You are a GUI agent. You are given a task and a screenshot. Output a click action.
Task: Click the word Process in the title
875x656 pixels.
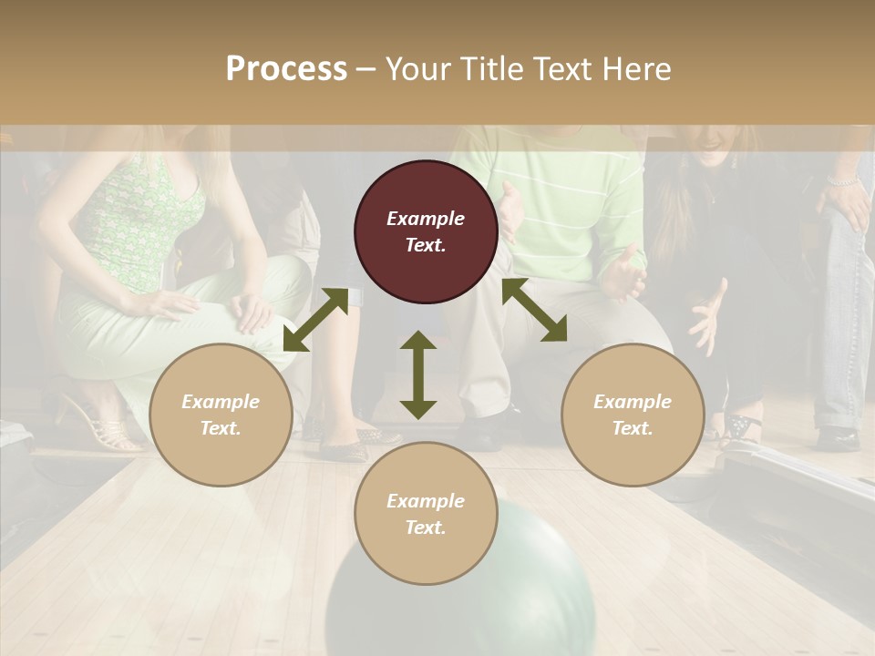pos(286,69)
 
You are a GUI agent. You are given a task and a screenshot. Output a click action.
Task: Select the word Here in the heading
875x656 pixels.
pos(634,69)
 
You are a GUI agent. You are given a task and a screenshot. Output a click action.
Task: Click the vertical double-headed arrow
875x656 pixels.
pos(418,374)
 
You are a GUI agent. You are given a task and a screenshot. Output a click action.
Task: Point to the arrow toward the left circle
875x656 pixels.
pos(315,320)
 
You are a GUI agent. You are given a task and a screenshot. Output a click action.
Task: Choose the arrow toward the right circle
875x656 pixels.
pos(534,310)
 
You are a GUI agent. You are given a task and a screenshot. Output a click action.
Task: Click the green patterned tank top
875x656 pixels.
pos(146,219)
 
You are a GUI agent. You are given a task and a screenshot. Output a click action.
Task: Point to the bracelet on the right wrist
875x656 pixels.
pos(843,181)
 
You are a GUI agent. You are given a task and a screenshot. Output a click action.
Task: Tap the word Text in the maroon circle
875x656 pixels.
pos(426,245)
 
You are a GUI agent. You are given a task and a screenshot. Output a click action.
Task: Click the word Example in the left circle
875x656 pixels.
pos(221,402)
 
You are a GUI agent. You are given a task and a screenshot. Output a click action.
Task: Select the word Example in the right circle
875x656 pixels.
pos(633,402)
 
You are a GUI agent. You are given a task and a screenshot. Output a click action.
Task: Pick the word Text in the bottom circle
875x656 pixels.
pos(426,528)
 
